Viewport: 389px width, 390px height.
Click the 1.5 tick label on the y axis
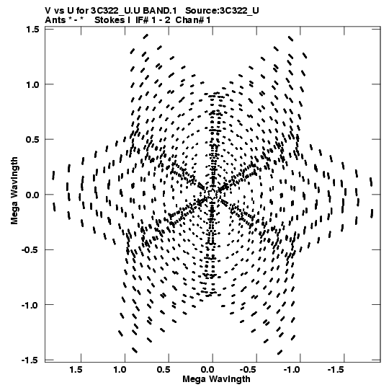(x=32, y=30)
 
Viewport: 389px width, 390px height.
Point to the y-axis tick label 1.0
(x=32, y=84)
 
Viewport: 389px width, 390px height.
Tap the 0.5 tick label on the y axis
(x=32, y=140)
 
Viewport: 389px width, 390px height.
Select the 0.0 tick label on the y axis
(x=32, y=195)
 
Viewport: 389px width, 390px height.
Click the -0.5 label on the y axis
(x=30, y=250)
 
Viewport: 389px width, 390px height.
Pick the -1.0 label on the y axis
(x=30, y=305)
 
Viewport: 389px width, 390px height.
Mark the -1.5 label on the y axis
(x=30, y=360)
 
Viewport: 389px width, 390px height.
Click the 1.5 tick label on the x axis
(x=76, y=370)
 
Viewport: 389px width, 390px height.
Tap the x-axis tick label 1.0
(x=120, y=370)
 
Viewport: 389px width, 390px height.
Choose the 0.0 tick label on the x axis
(x=207, y=370)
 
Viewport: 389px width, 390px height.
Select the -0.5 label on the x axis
(x=249, y=370)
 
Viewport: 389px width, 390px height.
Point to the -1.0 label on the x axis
(x=293, y=370)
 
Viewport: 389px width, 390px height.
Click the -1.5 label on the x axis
(x=337, y=370)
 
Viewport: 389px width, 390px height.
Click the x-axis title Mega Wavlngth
(x=216, y=379)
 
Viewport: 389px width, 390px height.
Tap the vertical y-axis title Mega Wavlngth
(x=14, y=191)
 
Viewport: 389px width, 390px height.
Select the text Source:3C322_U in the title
(x=222, y=11)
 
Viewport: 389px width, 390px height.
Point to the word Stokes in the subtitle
(x=109, y=20)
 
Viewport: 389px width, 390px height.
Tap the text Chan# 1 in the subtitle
(x=193, y=20)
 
